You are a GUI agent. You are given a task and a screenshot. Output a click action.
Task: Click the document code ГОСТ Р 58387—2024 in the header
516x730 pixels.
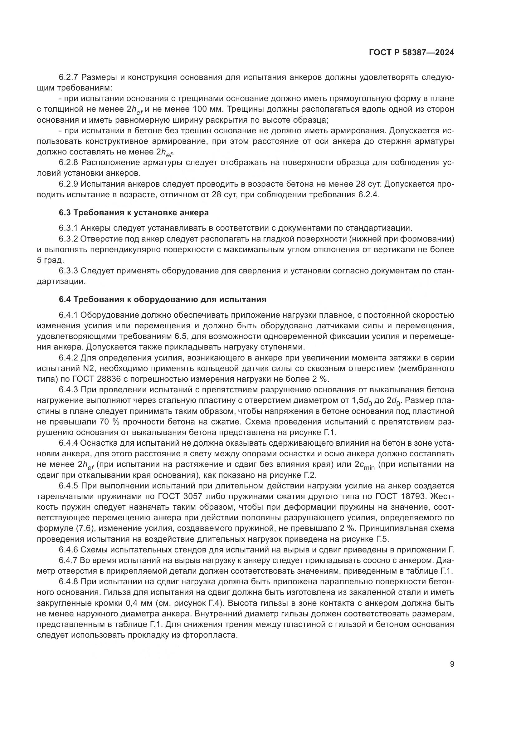411,53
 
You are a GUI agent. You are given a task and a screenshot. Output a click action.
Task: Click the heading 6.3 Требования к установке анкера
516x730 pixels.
134,213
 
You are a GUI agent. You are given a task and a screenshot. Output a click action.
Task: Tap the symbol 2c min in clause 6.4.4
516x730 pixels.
364,465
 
